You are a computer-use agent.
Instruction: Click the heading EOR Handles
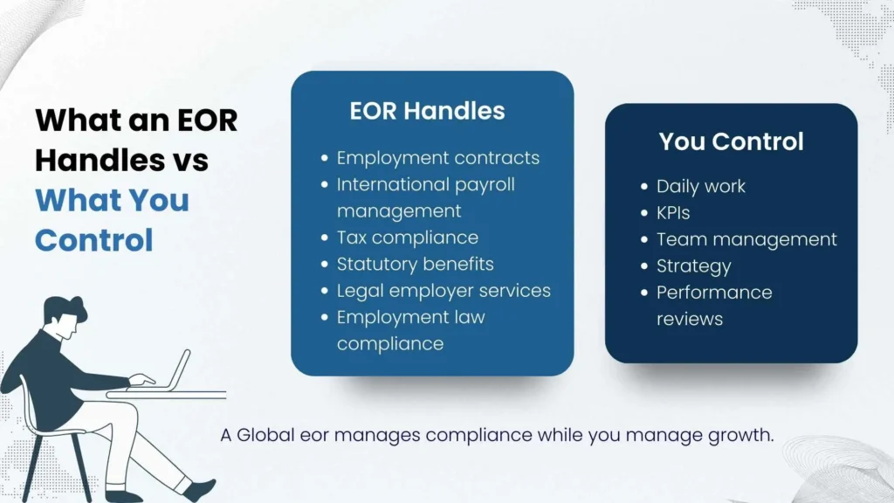[x=427, y=111]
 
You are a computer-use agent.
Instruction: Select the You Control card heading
[x=731, y=141]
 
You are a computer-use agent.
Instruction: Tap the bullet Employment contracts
[x=437, y=158]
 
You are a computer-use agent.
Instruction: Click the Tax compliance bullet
[x=407, y=238]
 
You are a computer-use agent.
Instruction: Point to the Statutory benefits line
[x=415, y=264]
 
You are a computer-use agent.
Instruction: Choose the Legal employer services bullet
[x=444, y=290]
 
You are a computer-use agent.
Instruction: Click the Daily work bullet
[x=700, y=186]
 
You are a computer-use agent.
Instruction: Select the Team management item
[x=746, y=239]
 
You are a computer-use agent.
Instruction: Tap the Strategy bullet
[x=693, y=265]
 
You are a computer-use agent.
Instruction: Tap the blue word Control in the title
[x=94, y=239]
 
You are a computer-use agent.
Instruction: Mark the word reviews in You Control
[x=690, y=319]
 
